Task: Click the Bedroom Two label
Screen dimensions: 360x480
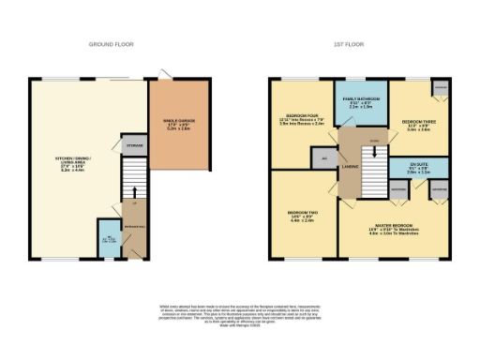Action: point(302,217)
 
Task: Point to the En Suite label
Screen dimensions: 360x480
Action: point(418,170)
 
